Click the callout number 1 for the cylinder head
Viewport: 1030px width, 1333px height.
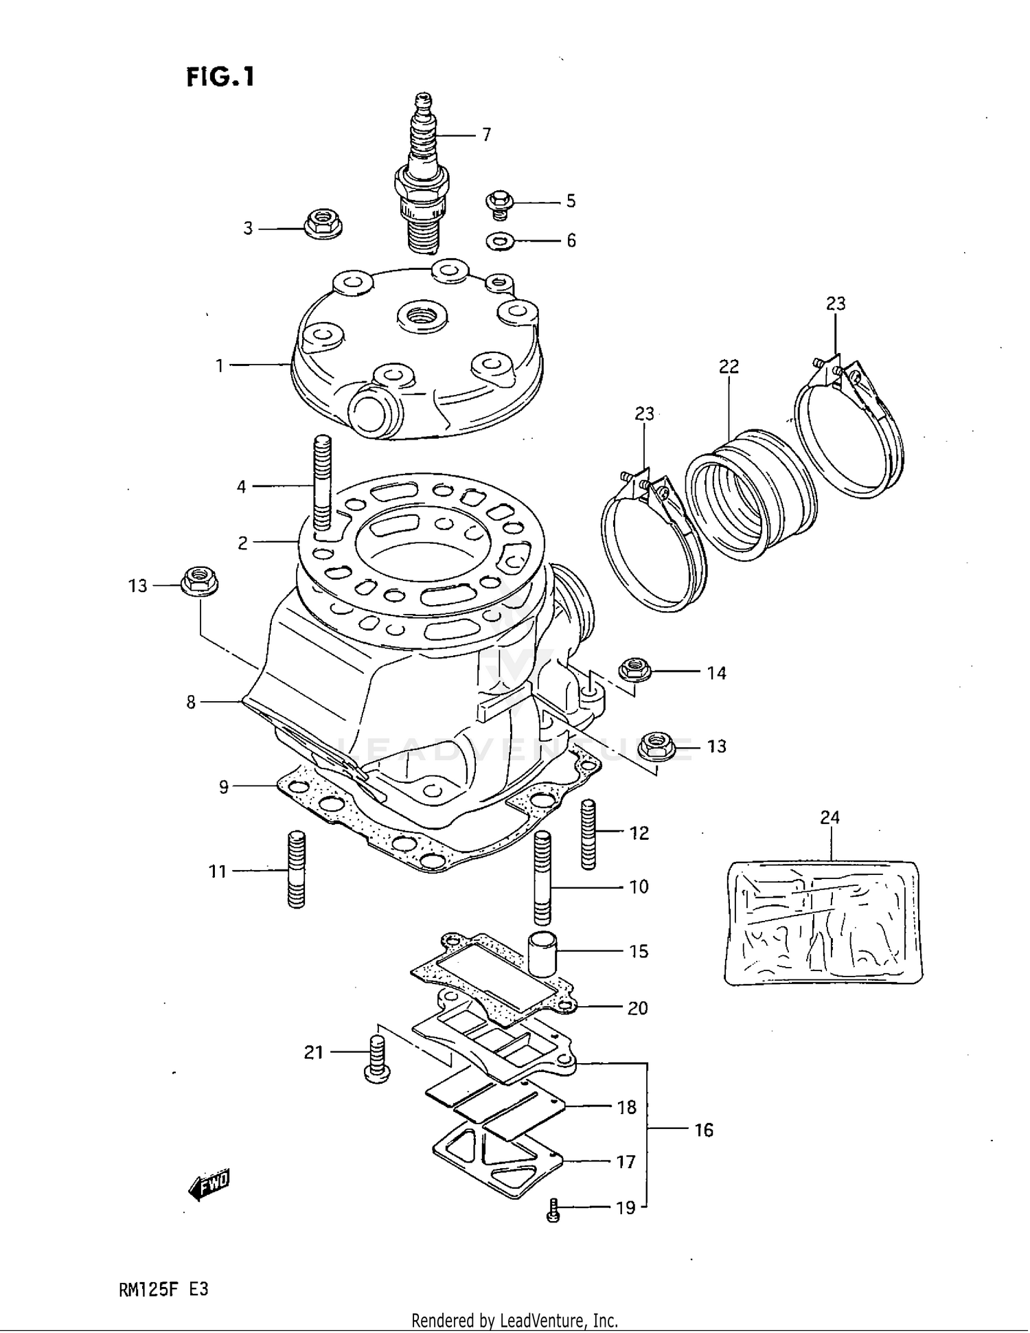220,365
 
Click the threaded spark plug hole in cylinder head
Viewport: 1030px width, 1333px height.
422,317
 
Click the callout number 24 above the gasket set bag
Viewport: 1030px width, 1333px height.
829,817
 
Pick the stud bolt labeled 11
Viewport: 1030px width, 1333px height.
296,869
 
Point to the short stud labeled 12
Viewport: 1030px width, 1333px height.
588,834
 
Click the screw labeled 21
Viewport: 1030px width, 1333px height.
377,1059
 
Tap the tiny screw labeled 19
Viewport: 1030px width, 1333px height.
553,1214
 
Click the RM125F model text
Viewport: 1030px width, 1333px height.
148,1289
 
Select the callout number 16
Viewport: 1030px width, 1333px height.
704,1130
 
